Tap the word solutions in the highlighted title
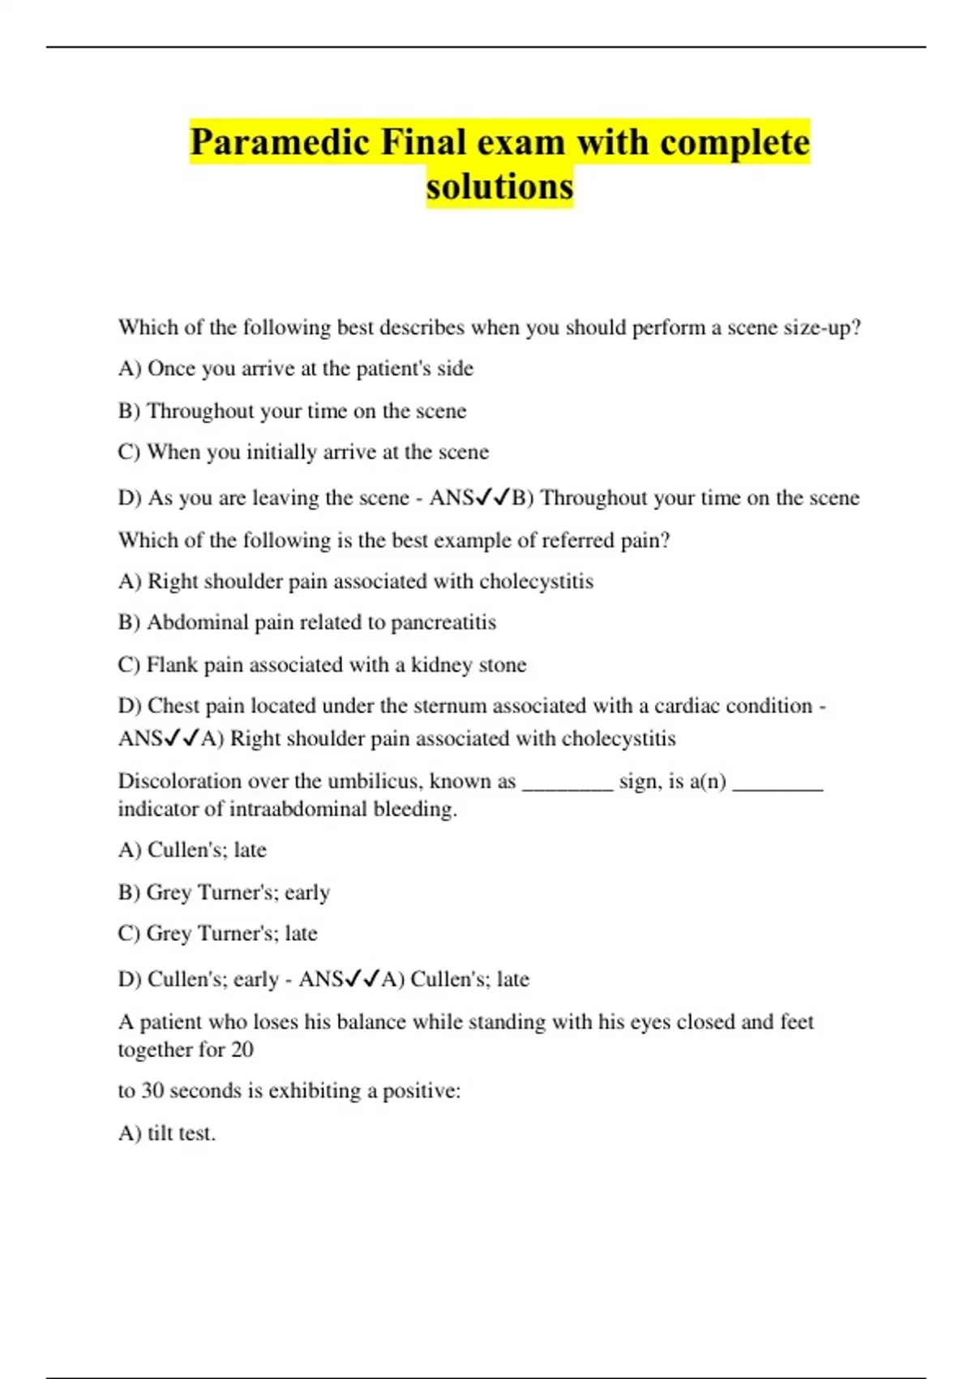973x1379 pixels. click(x=499, y=187)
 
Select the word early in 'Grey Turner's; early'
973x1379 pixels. click(x=307, y=893)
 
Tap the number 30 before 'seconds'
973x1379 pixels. click(x=153, y=1091)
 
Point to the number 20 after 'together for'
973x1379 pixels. click(x=242, y=1050)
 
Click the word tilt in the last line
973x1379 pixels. click(x=160, y=1133)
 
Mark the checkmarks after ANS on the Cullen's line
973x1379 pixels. click(x=362, y=980)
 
